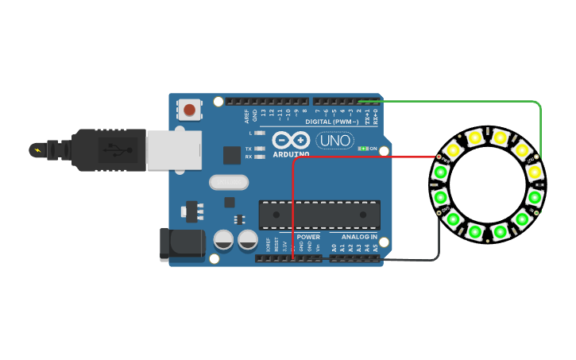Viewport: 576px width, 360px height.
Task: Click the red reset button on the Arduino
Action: pos(189,109)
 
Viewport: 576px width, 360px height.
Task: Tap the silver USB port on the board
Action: pos(174,150)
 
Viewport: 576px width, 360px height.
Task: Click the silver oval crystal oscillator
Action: pos(229,182)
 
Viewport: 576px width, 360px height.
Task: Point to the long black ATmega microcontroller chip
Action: pos(319,215)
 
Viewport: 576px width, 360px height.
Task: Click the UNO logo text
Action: pos(334,141)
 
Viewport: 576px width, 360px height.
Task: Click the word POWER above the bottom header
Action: pos(308,237)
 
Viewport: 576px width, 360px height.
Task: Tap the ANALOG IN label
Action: pos(359,237)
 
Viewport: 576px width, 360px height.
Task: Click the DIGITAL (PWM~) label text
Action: pos(332,122)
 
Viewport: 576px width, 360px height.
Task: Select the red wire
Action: pos(358,157)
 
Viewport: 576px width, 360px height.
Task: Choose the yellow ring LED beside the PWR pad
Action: pos(453,149)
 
